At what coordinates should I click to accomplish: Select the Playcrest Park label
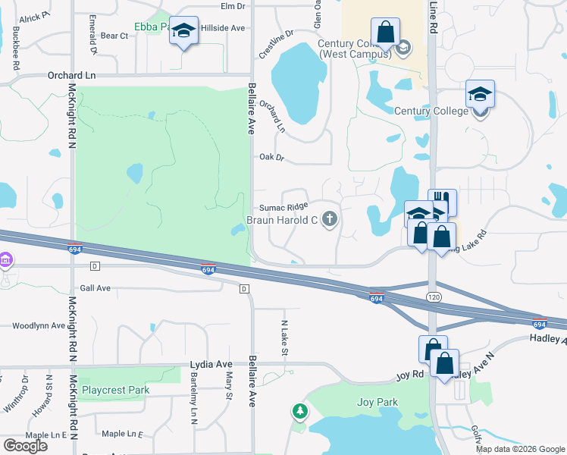pyautogui.click(x=116, y=390)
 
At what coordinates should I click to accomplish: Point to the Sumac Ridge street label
pyautogui.click(x=283, y=207)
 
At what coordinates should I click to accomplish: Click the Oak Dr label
pyautogui.click(x=271, y=158)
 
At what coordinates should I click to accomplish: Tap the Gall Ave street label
pyautogui.click(x=95, y=288)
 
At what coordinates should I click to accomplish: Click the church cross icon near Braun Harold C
pyautogui.click(x=329, y=221)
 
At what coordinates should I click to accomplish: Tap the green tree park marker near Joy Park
pyautogui.click(x=301, y=412)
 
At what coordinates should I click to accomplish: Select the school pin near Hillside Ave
pyautogui.click(x=183, y=32)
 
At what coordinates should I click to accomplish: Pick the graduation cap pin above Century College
pyautogui.click(x=480, y=95)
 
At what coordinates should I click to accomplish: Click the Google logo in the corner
pyautogui.click(x=25, y=445)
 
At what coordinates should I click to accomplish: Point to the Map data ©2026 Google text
pyautogui.click(x=521, y=449)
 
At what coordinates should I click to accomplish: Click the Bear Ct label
pyautogui.click(x=114, y=36)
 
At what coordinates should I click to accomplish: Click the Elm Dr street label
pyautogui.click(x=233, y=6)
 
